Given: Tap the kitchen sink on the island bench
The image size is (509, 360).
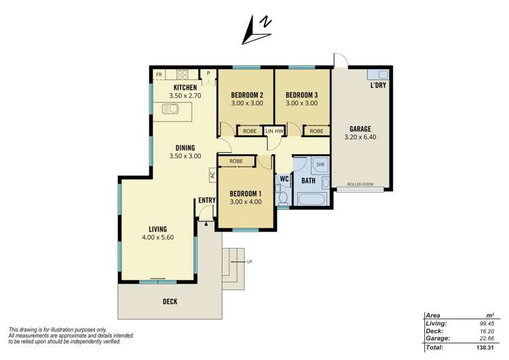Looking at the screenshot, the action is pos(170,109).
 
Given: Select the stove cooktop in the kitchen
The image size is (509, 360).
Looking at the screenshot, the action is pos(182,75).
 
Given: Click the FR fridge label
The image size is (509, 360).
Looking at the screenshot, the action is pos(159,75).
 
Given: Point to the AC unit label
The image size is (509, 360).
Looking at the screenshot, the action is pos(212,175).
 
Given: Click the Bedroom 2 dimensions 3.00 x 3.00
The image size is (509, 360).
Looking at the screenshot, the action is pos(247,103).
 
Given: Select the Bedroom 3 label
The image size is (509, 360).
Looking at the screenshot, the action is pos(301,95).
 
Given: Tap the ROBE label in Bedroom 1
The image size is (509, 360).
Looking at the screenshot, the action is pos(236,161).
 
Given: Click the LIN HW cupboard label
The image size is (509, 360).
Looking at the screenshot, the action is pos(274,131).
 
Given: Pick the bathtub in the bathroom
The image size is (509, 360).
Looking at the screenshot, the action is pos(312,199).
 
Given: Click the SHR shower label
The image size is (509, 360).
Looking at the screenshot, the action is pos(320,165).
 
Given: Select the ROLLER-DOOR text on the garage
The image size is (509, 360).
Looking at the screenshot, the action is pos(360,184).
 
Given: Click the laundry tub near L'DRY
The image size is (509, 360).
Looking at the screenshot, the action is pos(378,75).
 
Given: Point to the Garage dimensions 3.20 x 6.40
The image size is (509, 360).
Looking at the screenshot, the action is pos(360,137).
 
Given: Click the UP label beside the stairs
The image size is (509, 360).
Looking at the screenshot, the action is pos(249,262).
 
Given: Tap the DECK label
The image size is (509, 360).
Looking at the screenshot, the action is pos(170,302).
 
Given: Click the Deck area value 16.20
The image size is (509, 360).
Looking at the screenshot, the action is pos(487,331).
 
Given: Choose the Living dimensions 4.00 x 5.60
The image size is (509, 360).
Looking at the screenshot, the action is pos(157,238).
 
